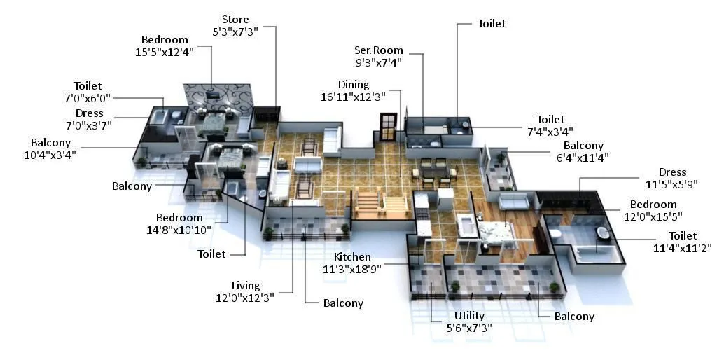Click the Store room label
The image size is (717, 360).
tap(235, 19)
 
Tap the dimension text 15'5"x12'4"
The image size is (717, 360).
tap(165, 51)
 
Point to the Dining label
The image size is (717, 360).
tap(354, 85)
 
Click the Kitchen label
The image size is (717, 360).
tap(351, 257)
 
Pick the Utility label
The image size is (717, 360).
tap(469, 316)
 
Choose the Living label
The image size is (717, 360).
tap(246, 285)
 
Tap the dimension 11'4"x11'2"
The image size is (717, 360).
tap(683, 248)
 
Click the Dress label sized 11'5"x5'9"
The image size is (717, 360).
tap(672, 172)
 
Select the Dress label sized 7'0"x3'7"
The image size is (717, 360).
tap(89, 113)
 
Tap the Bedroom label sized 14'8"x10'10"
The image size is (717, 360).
tap(179, 217)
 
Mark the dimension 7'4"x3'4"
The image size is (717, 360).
tap(550, 131)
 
